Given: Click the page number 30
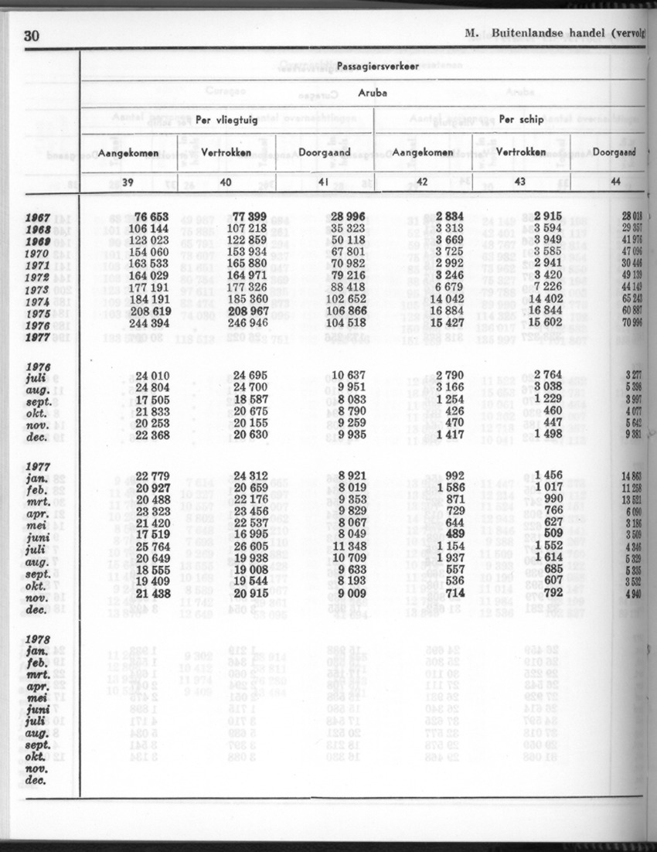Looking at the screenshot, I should click(32, 36).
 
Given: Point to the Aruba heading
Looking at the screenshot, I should click(372, 93).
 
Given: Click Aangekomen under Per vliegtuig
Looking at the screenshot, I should click(128, 152).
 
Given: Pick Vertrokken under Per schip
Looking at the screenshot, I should click(520, 152).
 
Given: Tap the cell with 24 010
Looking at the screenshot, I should click(152, 376).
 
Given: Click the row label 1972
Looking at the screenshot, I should click(37, 276).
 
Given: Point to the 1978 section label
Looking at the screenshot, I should click(37, 639).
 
